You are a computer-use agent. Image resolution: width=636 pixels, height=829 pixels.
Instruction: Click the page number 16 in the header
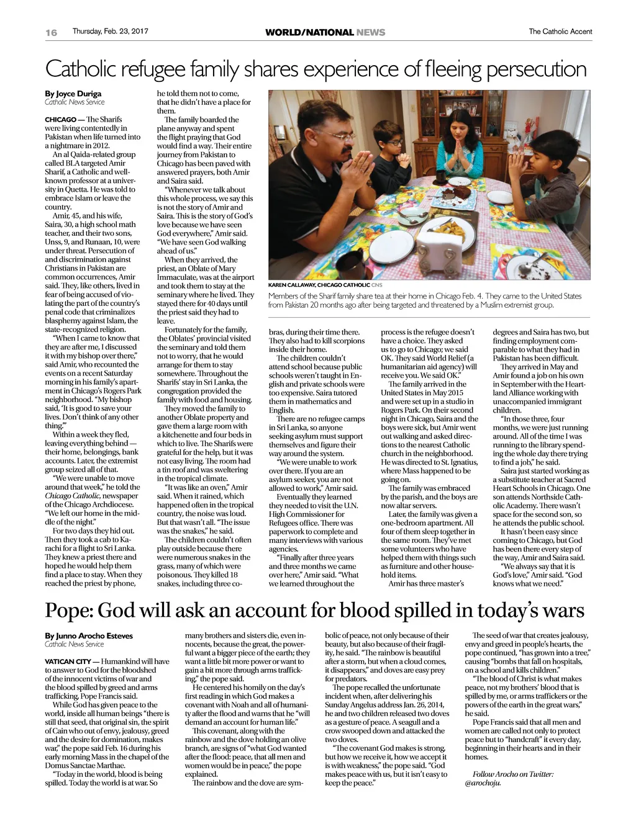click(x=51, y=32)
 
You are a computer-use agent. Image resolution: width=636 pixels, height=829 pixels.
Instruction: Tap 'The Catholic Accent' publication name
click(x=560, y=32)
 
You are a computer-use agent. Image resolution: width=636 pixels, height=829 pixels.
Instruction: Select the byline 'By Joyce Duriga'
click(x=73, y=94)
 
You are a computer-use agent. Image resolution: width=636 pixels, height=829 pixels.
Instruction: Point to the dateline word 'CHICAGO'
click(x=60, y=119)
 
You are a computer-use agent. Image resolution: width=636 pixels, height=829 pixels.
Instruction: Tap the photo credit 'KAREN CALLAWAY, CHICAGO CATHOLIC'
click(x=319, y=285)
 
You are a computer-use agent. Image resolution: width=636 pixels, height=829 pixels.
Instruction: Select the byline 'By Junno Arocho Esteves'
click(x=89, y=635)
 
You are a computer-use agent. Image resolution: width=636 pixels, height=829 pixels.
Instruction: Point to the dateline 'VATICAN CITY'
click(x=68, y=661)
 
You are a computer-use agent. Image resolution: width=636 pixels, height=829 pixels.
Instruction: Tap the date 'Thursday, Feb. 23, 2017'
click(x=110, y=31)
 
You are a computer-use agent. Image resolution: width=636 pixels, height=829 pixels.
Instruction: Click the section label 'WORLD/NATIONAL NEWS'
click(x=325, y=32)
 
